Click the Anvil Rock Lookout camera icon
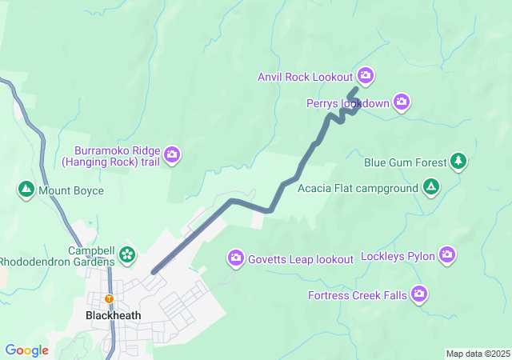(366, 77)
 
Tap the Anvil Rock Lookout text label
(305, 77)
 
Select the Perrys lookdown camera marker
(402, 102)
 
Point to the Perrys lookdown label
(347, 103)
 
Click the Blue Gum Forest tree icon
(458, 162)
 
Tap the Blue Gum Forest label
(405, 162)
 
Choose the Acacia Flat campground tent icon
(431, 188)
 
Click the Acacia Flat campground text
(358, 189)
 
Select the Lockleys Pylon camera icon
(447, 256)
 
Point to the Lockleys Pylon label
(398, 257)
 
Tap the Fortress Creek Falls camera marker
(419, 295)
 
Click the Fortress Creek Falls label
(358, 296)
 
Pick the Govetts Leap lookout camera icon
(236, 258)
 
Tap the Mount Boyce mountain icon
(26, 190)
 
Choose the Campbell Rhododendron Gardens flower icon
(126, 254)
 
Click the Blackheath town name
(113, 315)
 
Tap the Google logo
(26, 350)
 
